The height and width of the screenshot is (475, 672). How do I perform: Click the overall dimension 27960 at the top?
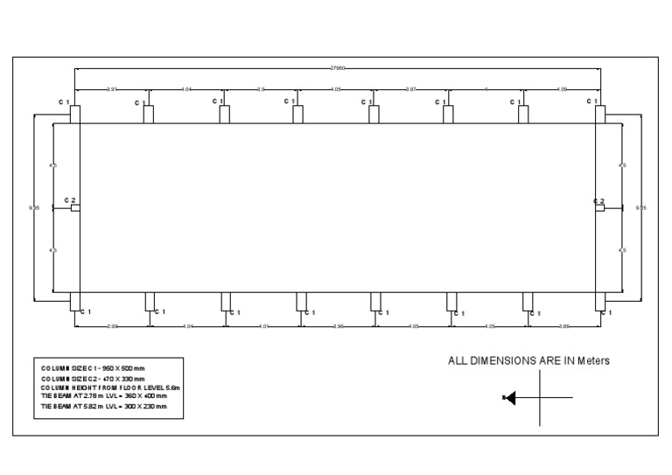point(336,67)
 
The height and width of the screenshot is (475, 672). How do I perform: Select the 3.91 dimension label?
point(112,89)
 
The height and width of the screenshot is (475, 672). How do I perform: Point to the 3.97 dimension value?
point(410,89)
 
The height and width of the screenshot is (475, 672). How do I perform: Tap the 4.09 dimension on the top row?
point(562,89)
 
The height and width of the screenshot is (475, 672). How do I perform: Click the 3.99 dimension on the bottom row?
point(112,326)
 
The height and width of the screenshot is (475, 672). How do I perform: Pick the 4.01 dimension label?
point(262,326)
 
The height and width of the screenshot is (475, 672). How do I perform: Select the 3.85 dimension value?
point(564,326)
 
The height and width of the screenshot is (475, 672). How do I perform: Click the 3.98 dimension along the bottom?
point(337,326)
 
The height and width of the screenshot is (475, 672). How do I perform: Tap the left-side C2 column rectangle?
point(75,208)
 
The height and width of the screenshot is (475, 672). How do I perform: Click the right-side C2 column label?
point(598,201)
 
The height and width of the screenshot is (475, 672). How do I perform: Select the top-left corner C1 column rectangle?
point(75,115)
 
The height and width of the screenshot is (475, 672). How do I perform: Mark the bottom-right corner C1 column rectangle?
point(598,301)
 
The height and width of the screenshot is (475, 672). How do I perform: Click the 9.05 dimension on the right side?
point(641,208)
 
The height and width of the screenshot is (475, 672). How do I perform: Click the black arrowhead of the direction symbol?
point(511,398)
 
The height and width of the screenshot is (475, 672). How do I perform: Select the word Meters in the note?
point(591,360)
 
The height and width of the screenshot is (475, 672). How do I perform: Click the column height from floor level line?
point(109,388)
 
